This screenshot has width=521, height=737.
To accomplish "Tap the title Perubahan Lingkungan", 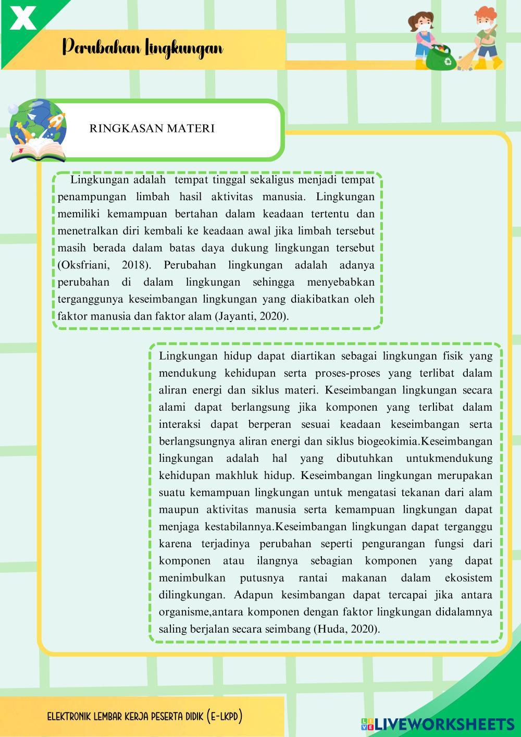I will [x=142, y=48].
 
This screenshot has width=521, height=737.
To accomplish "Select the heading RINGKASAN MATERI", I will [x=152, y=128].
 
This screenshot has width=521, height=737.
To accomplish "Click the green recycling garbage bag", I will [x=441, y=56].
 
